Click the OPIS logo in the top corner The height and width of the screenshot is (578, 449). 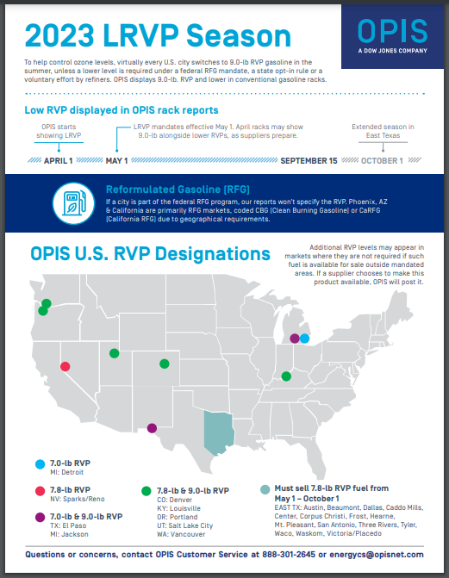[x=393, y=36]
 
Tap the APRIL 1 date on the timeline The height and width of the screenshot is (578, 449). [x=59, y=161]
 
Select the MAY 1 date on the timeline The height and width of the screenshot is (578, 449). [x=116, y=161]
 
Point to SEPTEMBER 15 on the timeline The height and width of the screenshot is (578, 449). [x=309, y=161]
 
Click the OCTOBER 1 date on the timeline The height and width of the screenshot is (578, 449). [x=382, y=161]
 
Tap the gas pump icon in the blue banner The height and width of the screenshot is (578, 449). [x=74, y=203]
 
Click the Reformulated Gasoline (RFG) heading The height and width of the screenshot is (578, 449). [x=178, y=190]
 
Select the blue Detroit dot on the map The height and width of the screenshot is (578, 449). [x=304, y=339]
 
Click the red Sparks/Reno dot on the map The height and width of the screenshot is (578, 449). [x=65, y=366]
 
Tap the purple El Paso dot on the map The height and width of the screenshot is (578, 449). [x=152, y=428]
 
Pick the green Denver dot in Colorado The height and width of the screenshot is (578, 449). [x=165, y=364]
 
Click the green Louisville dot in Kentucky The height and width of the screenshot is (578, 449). [x=286, y=376]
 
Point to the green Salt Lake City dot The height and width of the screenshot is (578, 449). [x=115, y=353]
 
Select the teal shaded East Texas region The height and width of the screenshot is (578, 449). [x=218, y=432]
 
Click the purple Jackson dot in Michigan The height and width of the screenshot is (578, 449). [x=295, y=339]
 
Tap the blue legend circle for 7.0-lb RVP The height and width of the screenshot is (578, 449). [x=40, y=464]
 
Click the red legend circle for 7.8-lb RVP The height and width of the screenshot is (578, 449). [x=40, y=491]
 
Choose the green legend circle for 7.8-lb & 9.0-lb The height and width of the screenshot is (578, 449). [x=147, y=491]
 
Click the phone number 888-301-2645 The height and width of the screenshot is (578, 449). [x=289, y=555]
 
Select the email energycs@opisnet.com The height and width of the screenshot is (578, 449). [x=377, y=555]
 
